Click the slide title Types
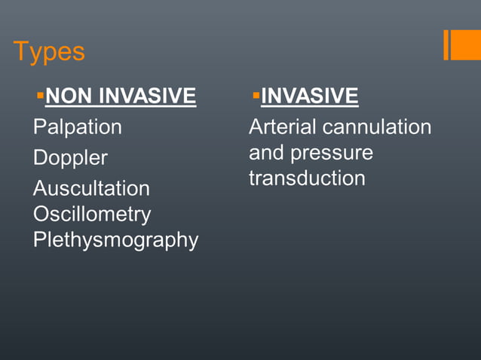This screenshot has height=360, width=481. [x=49, y=53]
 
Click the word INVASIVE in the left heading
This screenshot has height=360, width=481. [x=148, y=96]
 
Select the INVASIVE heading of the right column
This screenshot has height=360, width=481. [x=309, y=96]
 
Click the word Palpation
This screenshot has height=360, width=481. [x=77, y=127]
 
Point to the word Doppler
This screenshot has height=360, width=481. [x=70, y=158]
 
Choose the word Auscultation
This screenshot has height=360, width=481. [x=91, y=188]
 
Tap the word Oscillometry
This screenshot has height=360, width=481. [x=92, y=214]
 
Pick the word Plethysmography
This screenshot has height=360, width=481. [x=115, y=240]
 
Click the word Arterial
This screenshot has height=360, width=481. [x=283, y=127]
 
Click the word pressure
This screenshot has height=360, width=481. [x=332, y=153]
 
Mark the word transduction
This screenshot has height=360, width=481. [x=307, y=178]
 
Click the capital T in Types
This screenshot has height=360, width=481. [x=20, y=52]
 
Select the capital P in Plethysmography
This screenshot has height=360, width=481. [x=39, y=239]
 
